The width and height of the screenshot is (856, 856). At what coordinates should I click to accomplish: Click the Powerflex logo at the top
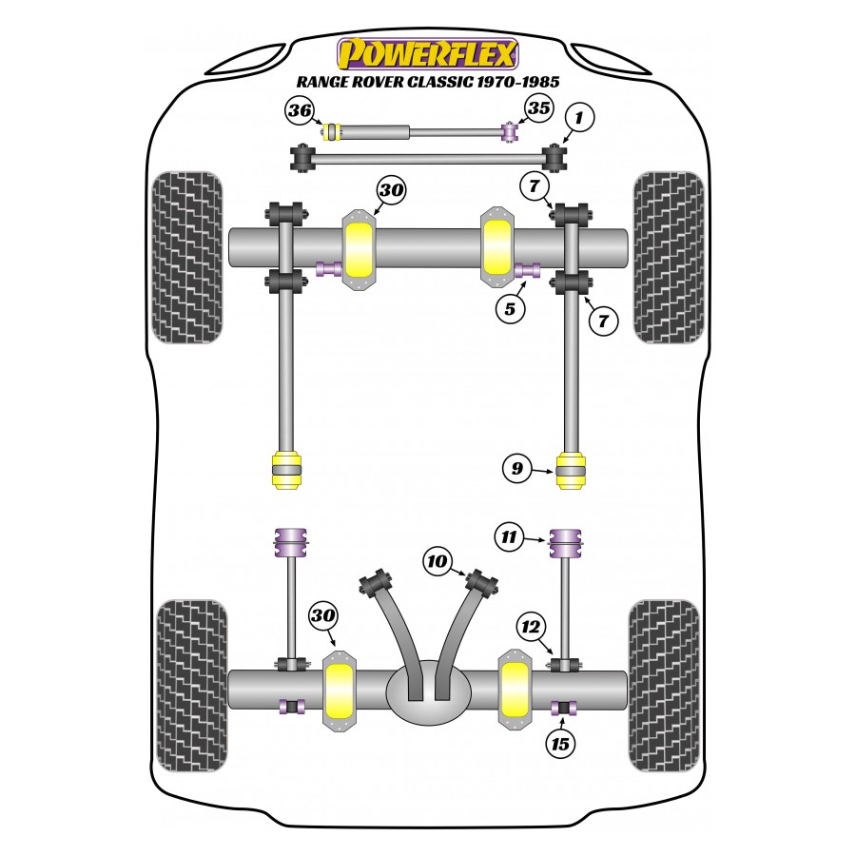(x=427, y=54)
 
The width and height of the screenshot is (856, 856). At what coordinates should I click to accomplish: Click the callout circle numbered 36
(x=300, y=111)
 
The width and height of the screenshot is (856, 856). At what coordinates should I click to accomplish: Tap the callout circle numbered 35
(x=538, y=108)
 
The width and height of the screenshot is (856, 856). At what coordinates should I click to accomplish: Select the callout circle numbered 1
(x=578, y=117)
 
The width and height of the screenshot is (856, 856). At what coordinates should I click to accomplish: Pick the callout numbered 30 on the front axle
(x=391, y=190)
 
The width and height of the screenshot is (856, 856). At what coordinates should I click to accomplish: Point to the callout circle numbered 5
(x=510, y=309)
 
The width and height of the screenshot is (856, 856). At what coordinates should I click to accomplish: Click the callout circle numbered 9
(x=517, y=468)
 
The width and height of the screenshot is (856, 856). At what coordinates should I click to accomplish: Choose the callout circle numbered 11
(x=509, y=536)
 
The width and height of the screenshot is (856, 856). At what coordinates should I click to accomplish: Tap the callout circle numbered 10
(x=438, y=561)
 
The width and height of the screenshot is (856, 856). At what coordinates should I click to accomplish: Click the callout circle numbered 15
(x=560, y=744)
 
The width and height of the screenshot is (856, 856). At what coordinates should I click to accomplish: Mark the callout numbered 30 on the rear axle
(x=322, y=615)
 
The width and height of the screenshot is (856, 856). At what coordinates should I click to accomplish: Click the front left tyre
(x=188, y=258)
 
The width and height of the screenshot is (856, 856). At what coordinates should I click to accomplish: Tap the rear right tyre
(x=665, y=686)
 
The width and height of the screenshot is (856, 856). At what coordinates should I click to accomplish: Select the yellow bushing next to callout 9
(x=571, y=470)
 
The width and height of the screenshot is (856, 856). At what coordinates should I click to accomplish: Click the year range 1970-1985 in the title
(x=519, y=82)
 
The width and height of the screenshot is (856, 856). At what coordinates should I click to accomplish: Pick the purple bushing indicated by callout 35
(x=510, y=132)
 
